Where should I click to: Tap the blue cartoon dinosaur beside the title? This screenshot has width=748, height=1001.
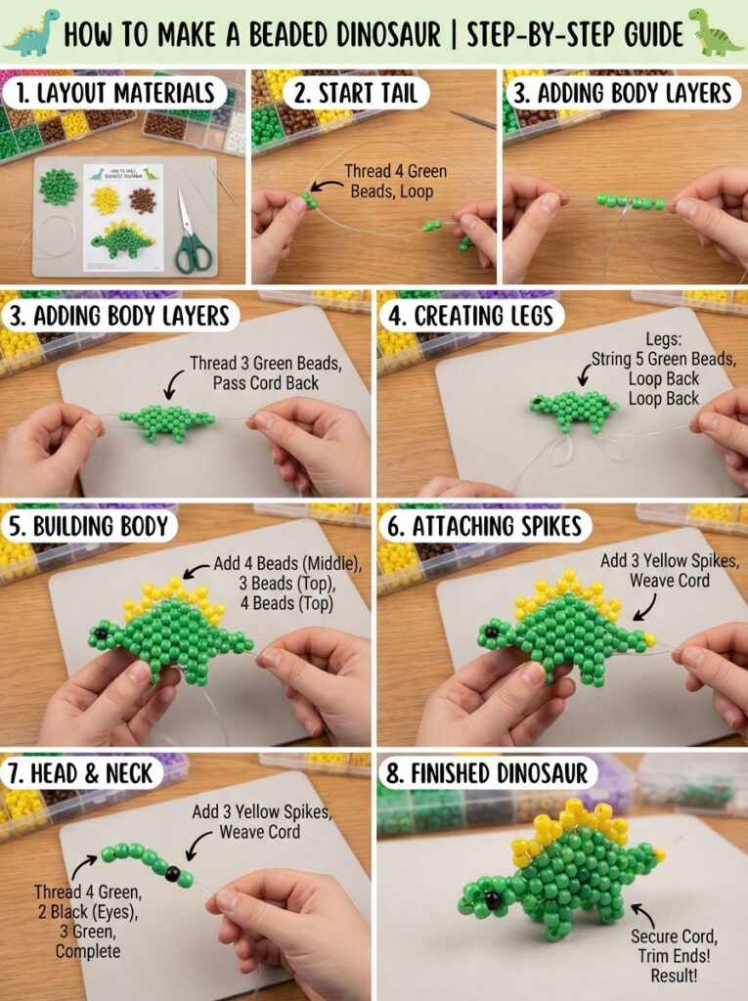click(x=32, y=32)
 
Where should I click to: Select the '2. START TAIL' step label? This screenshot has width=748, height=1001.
click(x=355, y=93)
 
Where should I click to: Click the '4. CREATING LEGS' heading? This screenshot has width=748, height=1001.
click(x=470, y=316)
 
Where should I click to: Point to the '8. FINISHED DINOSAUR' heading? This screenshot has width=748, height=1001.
click(x=487, y=773)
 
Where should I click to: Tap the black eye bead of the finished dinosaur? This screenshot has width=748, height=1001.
click(x=493, y=900)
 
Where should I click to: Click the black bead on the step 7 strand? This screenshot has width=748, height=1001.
click(x=172, y=873)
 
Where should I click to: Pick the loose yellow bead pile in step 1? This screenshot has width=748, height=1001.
click(x=105, y=200)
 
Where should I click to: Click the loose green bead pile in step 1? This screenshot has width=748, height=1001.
click(x=58, y=187)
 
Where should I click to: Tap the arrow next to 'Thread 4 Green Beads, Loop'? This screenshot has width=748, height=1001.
click(x=326, y=186)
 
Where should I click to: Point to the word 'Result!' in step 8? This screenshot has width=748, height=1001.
click(x=674, y=976)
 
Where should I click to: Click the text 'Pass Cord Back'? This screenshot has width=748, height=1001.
click(x=266, y=383)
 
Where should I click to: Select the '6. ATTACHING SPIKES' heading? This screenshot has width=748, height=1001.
click(x=484, y=526)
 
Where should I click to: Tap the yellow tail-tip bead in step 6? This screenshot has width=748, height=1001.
click(x=650, y=639)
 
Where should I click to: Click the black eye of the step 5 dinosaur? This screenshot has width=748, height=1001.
click(x=101, y=634)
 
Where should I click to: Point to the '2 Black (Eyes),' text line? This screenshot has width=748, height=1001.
click(x=88, y=912)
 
